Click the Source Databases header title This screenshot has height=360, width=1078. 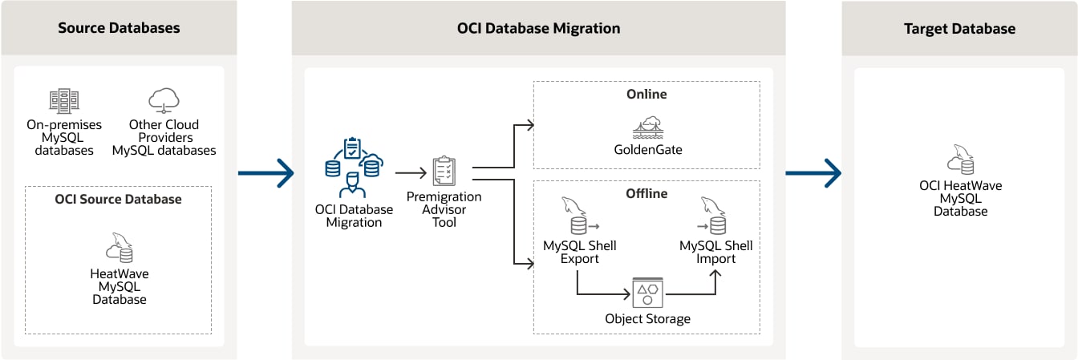point(119,28)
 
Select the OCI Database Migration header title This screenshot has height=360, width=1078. point(538,28)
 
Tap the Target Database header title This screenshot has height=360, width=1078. point(959,29)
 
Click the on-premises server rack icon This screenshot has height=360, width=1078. point(64,100)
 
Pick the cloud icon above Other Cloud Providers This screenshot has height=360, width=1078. point(164,100)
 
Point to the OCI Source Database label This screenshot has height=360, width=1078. point(118,199)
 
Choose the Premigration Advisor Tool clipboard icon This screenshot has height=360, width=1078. point(444,171)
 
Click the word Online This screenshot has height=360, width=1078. point(646,94)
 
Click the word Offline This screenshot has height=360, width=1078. point(646,193)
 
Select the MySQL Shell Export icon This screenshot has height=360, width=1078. point(577,217)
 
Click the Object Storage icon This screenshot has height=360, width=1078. point(646,293)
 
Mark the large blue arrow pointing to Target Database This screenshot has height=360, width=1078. point(813,172)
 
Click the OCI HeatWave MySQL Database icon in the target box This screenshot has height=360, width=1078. point(960,160)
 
